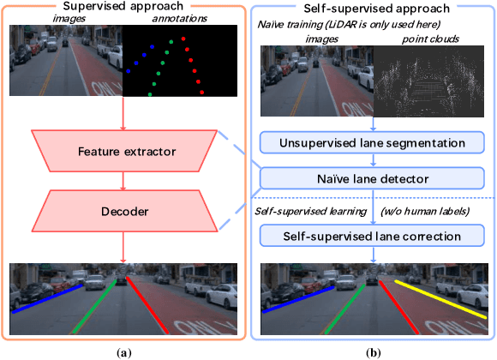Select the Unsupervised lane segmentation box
pyautogui.click(x=372, y=143)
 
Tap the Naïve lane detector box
pyautogui.click(x=372, y=177)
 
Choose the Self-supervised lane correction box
pyautogui.click(x=372, y=235)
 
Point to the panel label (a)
pyautogui.click(x=125, y=351)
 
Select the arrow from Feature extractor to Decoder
pyautogui.click(x=125, y=182)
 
